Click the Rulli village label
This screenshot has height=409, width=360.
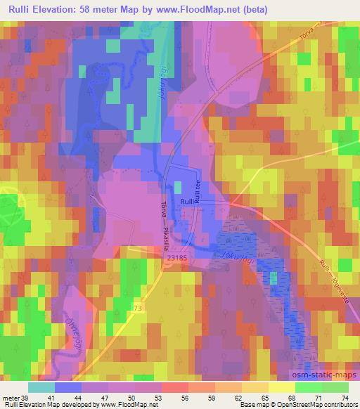(188, 201)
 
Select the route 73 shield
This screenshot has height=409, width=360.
(138, 309)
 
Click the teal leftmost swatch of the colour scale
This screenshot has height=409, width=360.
(42, 387)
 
